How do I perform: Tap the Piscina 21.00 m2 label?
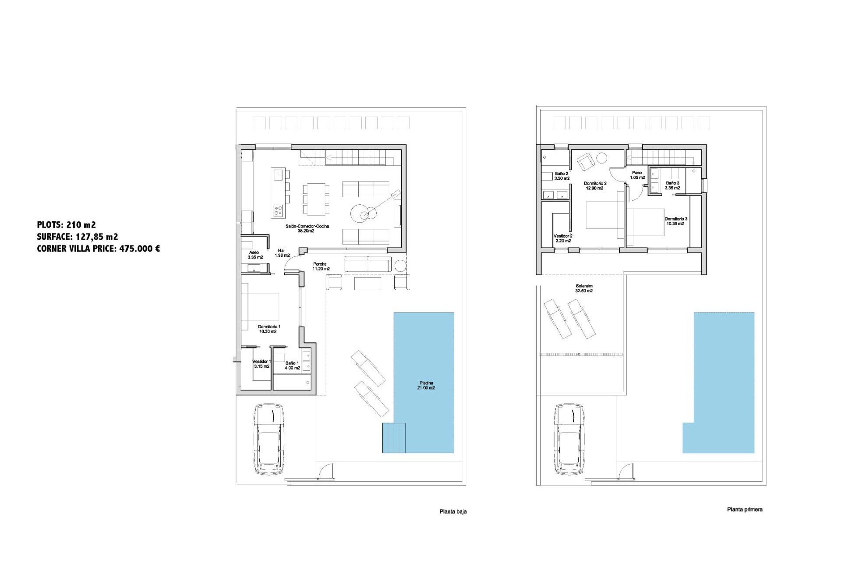tap(426, 385)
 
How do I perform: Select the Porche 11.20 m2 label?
tap(321, 266)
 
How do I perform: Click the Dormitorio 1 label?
tap(269, 329)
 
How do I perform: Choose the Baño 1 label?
tap(292, 366)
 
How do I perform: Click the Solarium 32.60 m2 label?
tap(584, 288)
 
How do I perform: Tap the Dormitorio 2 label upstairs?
tap(595, 186)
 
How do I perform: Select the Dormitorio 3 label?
tap(675, 221)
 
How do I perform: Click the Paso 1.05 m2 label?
tap(637, 175)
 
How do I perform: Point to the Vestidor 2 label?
tap(563, 238)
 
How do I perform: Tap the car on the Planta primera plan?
tap(569, 440)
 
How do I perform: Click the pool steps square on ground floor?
tap(393, 437)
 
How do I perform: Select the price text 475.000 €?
tap(140, 249)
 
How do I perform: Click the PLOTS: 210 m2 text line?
tap(66, 225)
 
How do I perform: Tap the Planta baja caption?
tap(453, 511)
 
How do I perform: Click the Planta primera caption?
tap(744, 510)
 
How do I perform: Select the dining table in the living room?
tap(316, 199)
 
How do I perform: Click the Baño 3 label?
tap(672, 185)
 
